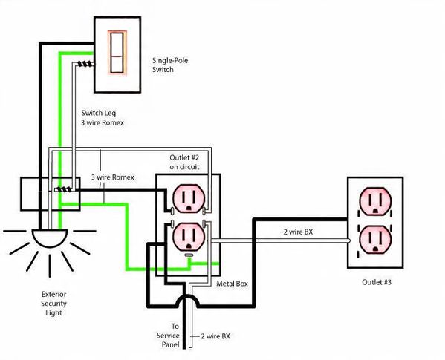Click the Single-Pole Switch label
coord(170,65)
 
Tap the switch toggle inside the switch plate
coord(117,53)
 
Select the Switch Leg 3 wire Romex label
coord(103,118)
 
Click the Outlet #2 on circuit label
coord(184,162)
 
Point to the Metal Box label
coord(232,284)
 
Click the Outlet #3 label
coord(377,282)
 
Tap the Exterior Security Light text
coord(54,304)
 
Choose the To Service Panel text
coord(168,336)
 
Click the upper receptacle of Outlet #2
coord(189,198)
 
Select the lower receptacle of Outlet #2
coord(189,237)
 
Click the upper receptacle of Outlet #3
coord(375,202)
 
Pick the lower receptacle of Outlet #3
coord(375,240)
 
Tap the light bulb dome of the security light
coord(50,238)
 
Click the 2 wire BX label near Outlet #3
coord(298,232)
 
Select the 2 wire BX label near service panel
coord(215,336)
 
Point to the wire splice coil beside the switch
coord(85,64)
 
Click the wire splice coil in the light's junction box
coord(63,189)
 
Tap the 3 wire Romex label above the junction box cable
coord(113,177)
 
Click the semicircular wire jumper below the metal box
coord(187,301)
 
